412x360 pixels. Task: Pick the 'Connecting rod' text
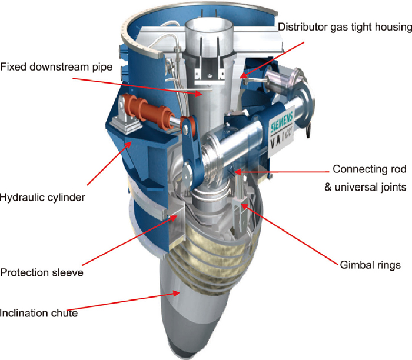[369, 169]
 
